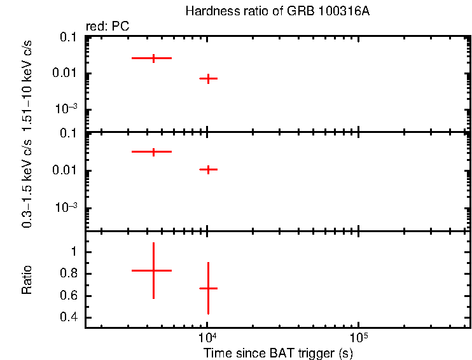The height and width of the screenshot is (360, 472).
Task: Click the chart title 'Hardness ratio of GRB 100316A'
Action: [277, 11]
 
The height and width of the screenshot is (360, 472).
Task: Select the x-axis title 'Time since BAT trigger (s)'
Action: [278, 352]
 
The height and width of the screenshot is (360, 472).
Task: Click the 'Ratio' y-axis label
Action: [27, 280]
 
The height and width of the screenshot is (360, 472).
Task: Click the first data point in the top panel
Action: [153, 58]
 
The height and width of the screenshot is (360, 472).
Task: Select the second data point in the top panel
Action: [208, 78]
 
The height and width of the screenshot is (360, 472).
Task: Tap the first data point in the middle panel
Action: [153, 152]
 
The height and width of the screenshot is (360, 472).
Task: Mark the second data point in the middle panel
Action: [208, 169]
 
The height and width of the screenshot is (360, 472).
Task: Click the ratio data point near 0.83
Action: [153, 270]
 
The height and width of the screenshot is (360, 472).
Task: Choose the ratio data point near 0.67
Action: [208, 288]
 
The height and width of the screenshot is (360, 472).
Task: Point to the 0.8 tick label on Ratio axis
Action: [69, 274]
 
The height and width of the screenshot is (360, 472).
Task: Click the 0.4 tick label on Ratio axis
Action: [69, 317]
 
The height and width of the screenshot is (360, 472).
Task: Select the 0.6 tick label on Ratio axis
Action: [69, 296]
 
